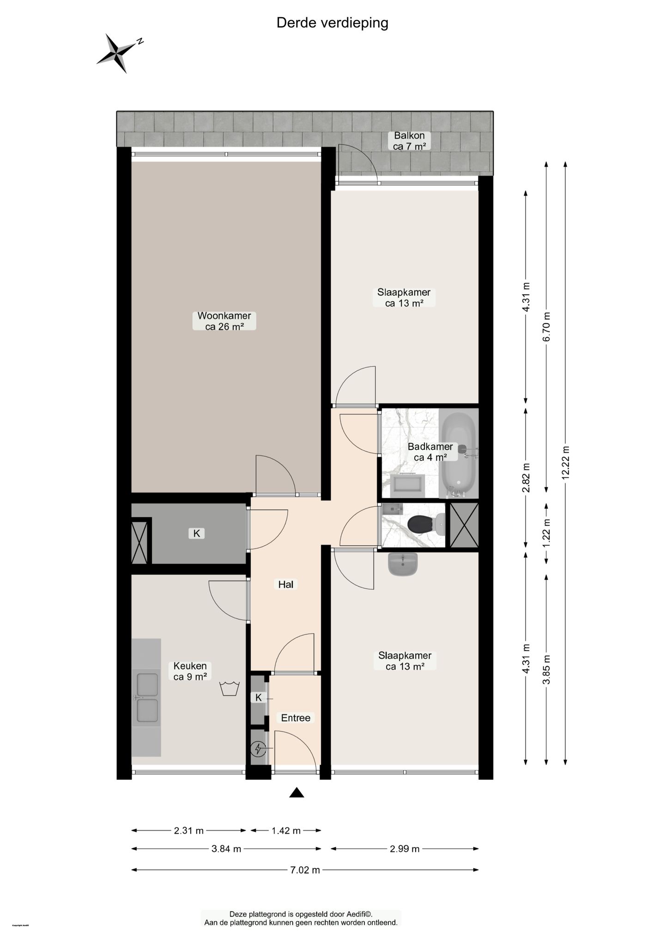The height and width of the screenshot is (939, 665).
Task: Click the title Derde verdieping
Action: click(332, 23)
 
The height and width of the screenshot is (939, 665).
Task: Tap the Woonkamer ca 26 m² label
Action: click(224, 321)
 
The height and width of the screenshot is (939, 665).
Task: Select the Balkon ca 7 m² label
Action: click(409, 141)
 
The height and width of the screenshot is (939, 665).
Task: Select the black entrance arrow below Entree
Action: click(296, 793)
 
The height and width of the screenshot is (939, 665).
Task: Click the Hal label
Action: click(285, 584)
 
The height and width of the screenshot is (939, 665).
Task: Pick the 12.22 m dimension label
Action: click(566, 463)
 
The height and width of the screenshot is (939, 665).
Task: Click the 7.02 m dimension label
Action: click(305, 870)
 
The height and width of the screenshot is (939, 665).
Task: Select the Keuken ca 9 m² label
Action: click(190, 671)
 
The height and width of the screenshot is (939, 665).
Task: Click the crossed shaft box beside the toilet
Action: click(464, 525)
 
